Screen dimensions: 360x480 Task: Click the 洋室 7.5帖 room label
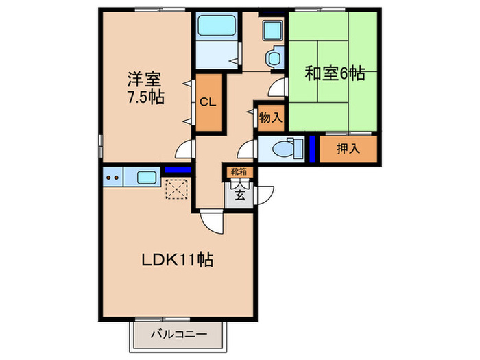[x=145, y=87]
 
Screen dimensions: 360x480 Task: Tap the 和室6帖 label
[x=335, y=73]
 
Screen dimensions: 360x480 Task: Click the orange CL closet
[x=208, y=103]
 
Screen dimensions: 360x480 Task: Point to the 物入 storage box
[x=269, y=117]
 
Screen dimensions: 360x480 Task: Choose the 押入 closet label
[x=349, y=149]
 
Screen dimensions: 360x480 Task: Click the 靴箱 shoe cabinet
[x=239, y=172]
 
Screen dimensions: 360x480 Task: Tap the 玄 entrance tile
[x=239, y=194]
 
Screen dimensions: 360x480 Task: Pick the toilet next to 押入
[x=285, y=148]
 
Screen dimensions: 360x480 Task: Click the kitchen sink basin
[x=147, y=178]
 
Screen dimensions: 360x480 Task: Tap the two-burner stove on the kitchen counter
[x=112, y=178]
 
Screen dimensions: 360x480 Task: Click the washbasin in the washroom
[x=273, y=32]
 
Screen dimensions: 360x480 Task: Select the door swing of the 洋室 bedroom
[x=184, y=149]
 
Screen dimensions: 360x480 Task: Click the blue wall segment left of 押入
[x=313, y=149]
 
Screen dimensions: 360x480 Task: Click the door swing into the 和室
[x=278, y=87]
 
